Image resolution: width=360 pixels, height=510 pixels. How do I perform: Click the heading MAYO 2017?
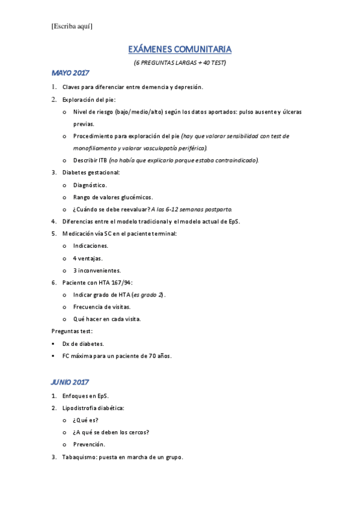click(70, 73)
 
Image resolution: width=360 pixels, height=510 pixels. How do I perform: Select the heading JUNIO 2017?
click(70, 382)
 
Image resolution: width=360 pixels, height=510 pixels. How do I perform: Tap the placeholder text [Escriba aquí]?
click(72, 26)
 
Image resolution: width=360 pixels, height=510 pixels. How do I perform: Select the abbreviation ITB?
click(103, 160)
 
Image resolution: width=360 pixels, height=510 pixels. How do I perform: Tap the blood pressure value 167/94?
click(120, 283)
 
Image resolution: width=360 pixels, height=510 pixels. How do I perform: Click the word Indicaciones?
click(91, 246)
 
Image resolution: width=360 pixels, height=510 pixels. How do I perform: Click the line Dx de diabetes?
click(83, 343)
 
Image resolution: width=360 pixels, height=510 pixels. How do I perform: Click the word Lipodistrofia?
click(81, 408)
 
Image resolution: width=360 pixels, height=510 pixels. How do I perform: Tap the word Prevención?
click(89, 444)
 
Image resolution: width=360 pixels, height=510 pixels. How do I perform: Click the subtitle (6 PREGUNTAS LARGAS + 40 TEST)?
click(180, 62)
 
